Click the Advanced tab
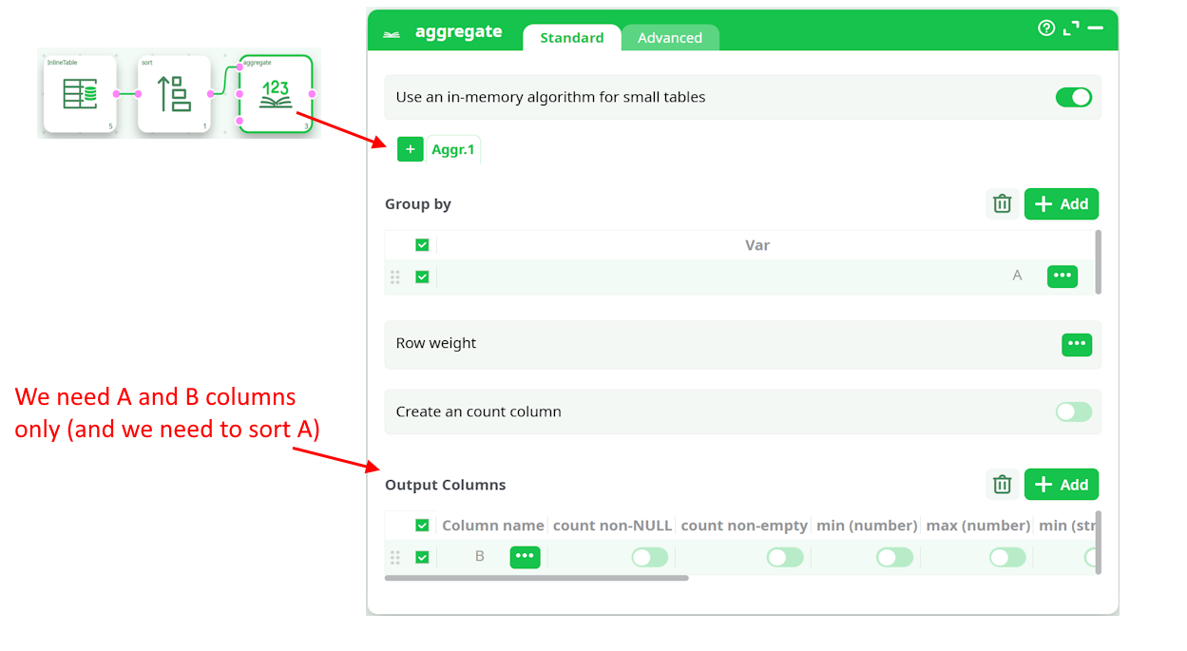coord(669,38)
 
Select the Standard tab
coord(571,38)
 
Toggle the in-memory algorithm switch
coord(1073,97)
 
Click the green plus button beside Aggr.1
coord(411,149)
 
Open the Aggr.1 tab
coord(453,150)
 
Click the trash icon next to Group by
coord(1002,203)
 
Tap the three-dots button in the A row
coord(1062,276)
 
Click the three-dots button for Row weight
coord(1076,344)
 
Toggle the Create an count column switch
coord(1073,412)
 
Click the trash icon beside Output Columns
coord(1002,485)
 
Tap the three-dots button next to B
coord(525,557)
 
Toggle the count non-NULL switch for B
coord(650,558)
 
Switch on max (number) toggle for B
coord(1007,558)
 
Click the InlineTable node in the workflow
coord(80,93)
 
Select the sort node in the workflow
coord(174,93)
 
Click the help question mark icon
coord(1046,29)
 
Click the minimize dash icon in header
coord(1096,29)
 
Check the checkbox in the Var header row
coord(422,245)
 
